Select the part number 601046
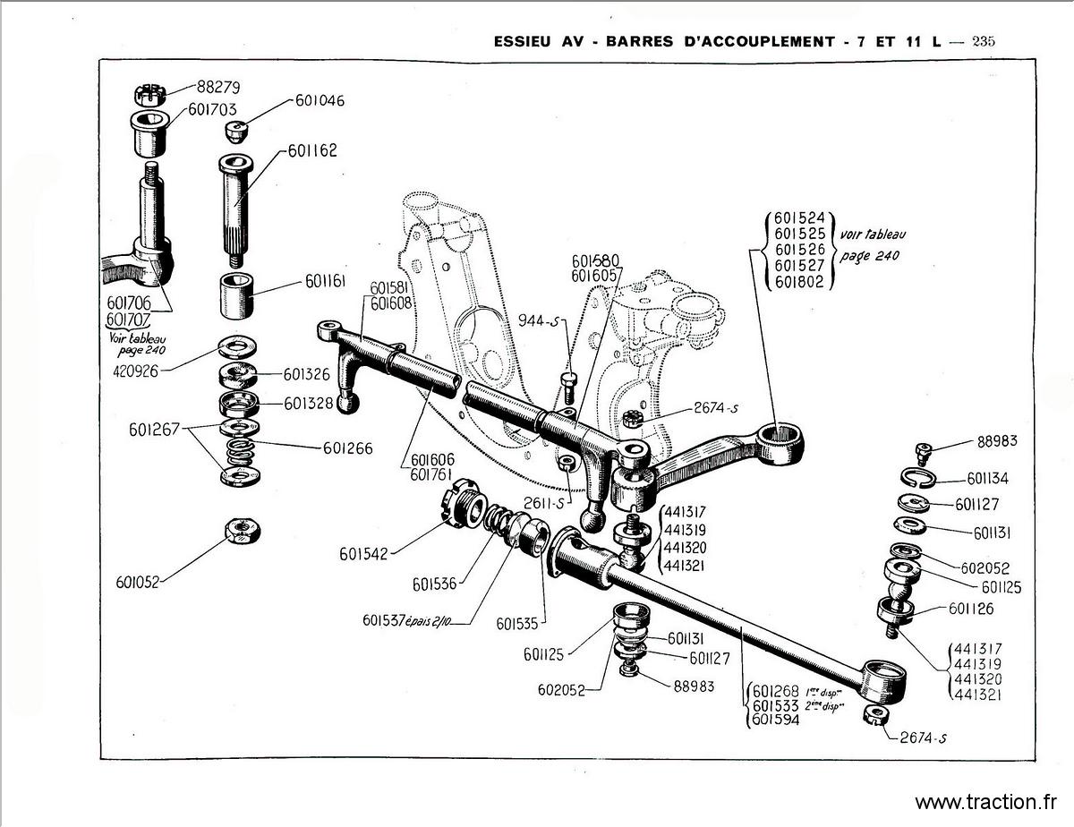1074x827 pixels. click(320, 101)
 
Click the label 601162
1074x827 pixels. click(313, 150)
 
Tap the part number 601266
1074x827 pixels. click(342, 448)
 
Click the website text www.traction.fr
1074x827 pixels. click(987, 801)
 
